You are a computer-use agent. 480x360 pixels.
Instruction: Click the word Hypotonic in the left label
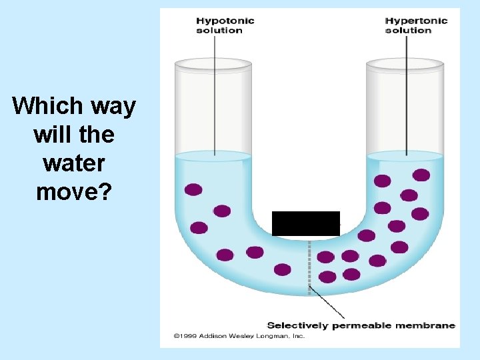[x=225, y=21]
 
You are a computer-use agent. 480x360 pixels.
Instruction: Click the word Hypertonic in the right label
[x=416, y=21]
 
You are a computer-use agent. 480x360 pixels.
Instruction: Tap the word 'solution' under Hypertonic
[x=408, y=31]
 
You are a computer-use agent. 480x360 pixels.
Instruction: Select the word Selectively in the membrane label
[x=297, y=325]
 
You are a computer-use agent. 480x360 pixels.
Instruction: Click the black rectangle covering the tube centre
[x=305, y=223]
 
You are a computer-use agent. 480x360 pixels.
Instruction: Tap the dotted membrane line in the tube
[x=309, y=267]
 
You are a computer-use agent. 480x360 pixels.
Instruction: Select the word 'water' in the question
[x=73, y=163]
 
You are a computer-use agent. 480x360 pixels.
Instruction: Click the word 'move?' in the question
[x=73, y=192]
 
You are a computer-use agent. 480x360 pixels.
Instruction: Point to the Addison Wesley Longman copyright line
[x=239, y=336]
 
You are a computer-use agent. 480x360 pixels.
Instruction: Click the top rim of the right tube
[x=405, y=64]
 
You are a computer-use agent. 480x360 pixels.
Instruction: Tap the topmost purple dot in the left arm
[x=193, y=189]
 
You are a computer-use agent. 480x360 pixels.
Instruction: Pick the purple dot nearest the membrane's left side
[x=283, y=269]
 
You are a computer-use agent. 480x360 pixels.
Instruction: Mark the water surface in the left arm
[x=213, y=157]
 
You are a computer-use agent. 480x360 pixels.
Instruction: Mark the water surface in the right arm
[x=405, y=156]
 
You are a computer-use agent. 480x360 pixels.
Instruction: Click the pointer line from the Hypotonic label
[x=214, y=93]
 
